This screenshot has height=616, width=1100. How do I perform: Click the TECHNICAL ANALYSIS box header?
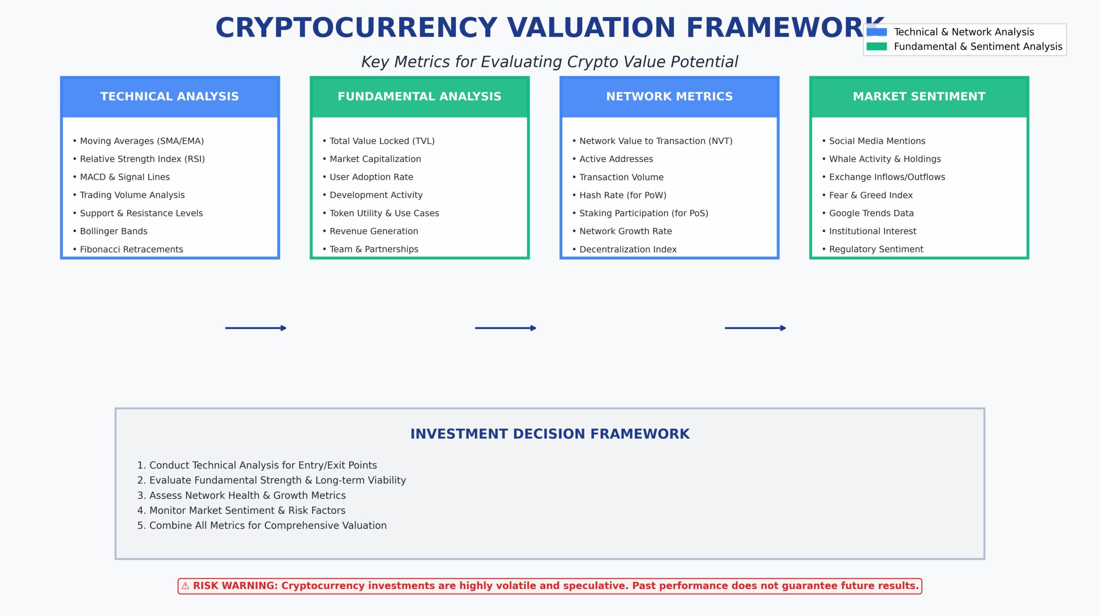170,97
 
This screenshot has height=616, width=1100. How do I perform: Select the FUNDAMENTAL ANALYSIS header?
419,97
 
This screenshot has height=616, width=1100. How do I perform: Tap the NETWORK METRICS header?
669,97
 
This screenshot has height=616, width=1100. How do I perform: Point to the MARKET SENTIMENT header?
919,97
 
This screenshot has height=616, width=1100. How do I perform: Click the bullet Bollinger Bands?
113,231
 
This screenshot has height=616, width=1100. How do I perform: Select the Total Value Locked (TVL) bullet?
382,141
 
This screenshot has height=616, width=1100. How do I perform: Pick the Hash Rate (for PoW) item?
622,195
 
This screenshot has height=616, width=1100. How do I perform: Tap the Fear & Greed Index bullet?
871,195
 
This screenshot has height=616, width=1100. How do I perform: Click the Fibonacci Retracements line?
131,249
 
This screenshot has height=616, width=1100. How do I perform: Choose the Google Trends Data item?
871,213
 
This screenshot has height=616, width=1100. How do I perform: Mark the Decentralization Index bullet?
627,249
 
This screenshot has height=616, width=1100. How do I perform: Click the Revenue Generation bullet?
373,231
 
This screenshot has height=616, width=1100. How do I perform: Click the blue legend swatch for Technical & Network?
877,32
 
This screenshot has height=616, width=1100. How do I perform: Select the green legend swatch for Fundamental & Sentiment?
877,46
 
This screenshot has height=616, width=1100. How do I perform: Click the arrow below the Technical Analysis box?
256,328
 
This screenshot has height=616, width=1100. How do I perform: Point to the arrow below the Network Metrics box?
755,328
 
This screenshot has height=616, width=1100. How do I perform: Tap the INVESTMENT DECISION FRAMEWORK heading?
550,434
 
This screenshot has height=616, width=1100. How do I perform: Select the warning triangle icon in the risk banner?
185,586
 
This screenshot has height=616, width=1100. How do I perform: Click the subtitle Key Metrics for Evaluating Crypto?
550,62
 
